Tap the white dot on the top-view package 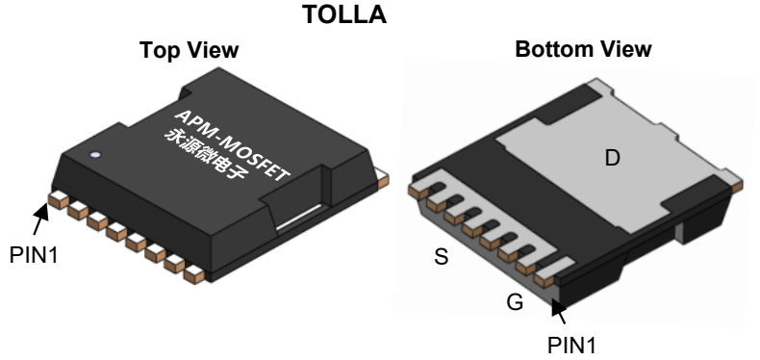[95, 154]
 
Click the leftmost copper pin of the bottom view [417, 191]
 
